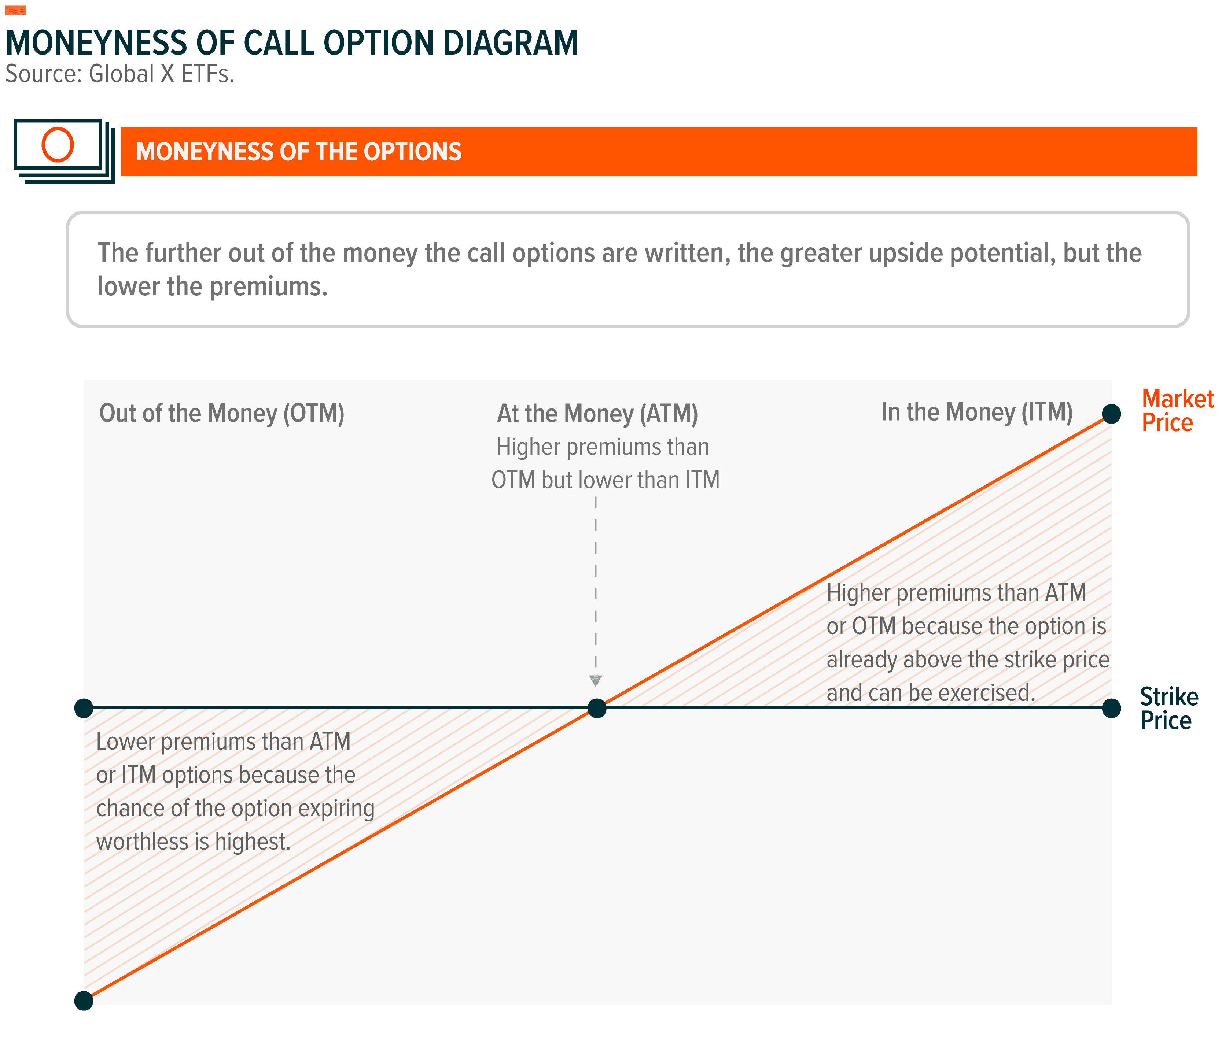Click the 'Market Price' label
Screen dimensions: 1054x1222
(x=1177, y=411)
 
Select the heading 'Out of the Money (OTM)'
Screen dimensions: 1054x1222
(x=222, y=413)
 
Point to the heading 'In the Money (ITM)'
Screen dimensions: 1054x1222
(x=977, y=412)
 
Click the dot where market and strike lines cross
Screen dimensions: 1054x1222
(x=597, y=708)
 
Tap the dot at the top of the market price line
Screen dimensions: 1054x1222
(x=1111, y=414)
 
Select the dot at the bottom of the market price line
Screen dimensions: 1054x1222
(x=84, y=1001)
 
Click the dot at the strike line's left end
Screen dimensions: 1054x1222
(x=84, y=707)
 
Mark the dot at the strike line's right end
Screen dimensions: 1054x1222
(x=1111, y=708)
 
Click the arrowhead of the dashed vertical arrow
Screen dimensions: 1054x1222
(x=596, y=681)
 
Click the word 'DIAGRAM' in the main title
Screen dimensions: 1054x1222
(x=510, y=43)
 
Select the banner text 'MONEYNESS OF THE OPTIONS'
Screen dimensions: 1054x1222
(x=298, y=152)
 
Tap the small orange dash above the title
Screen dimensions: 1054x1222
(x=15, y=10)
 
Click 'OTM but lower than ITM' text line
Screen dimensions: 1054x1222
(x=605, y=480)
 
